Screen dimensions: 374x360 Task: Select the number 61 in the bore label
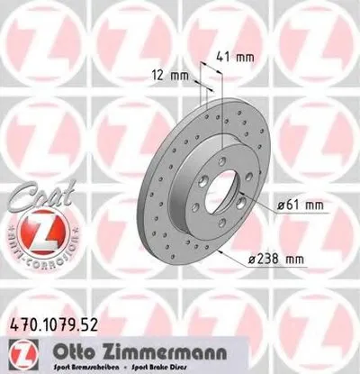pyautogui.click(x=287, y=205)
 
